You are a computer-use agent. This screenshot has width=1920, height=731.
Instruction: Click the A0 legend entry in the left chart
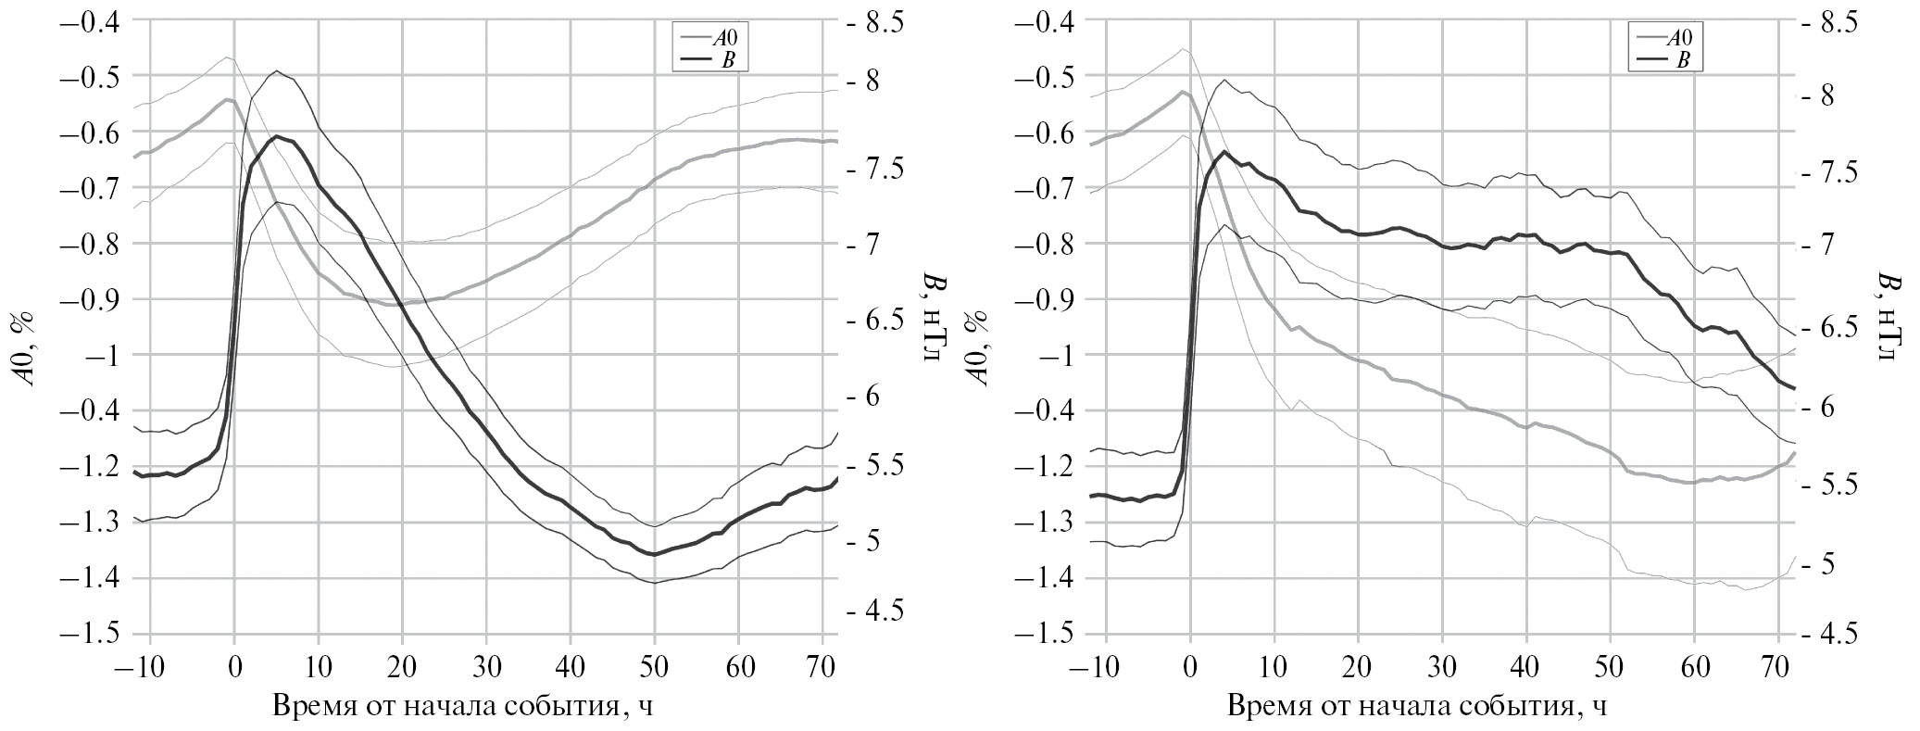pyautogui.click(x=725, y=39)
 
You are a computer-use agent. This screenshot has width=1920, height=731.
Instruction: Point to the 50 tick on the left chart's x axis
pyautogui.click(x=654, y=666)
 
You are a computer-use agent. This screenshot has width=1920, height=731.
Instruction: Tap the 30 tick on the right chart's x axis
pyautogui.click(x=1442, y=666)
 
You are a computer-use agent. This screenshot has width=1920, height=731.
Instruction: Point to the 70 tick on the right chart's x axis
pyautogui.click(x=1778, y=666)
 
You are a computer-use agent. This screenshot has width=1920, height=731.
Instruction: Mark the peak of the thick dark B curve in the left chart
pyautogui.click(x=276, y=136)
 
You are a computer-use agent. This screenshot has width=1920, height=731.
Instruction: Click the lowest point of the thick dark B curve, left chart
pyautogui.click(x=654, y=554)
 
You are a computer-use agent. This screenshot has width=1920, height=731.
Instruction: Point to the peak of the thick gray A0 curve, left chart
pyautogui.click(x=228, y=99)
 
